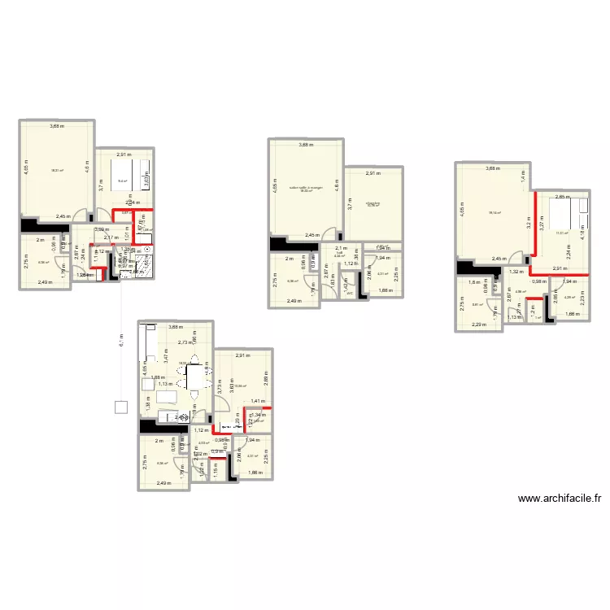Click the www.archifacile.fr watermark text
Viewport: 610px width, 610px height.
click(552, 499)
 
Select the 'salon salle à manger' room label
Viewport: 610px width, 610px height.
click(305, 188)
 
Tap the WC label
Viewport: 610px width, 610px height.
click(349, 293)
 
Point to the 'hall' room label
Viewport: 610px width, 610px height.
click(339, 253)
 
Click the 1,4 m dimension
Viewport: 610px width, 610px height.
click(523, 174)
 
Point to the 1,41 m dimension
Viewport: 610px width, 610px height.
click(257, 401)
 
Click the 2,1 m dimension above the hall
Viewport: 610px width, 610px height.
click(341, 248)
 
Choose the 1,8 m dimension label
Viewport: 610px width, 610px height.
click(473, 283)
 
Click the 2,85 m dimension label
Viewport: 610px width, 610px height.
click(561, 197)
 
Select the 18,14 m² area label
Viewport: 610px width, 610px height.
click(493, 213)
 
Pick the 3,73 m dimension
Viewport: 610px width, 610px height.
click(220, 388)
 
